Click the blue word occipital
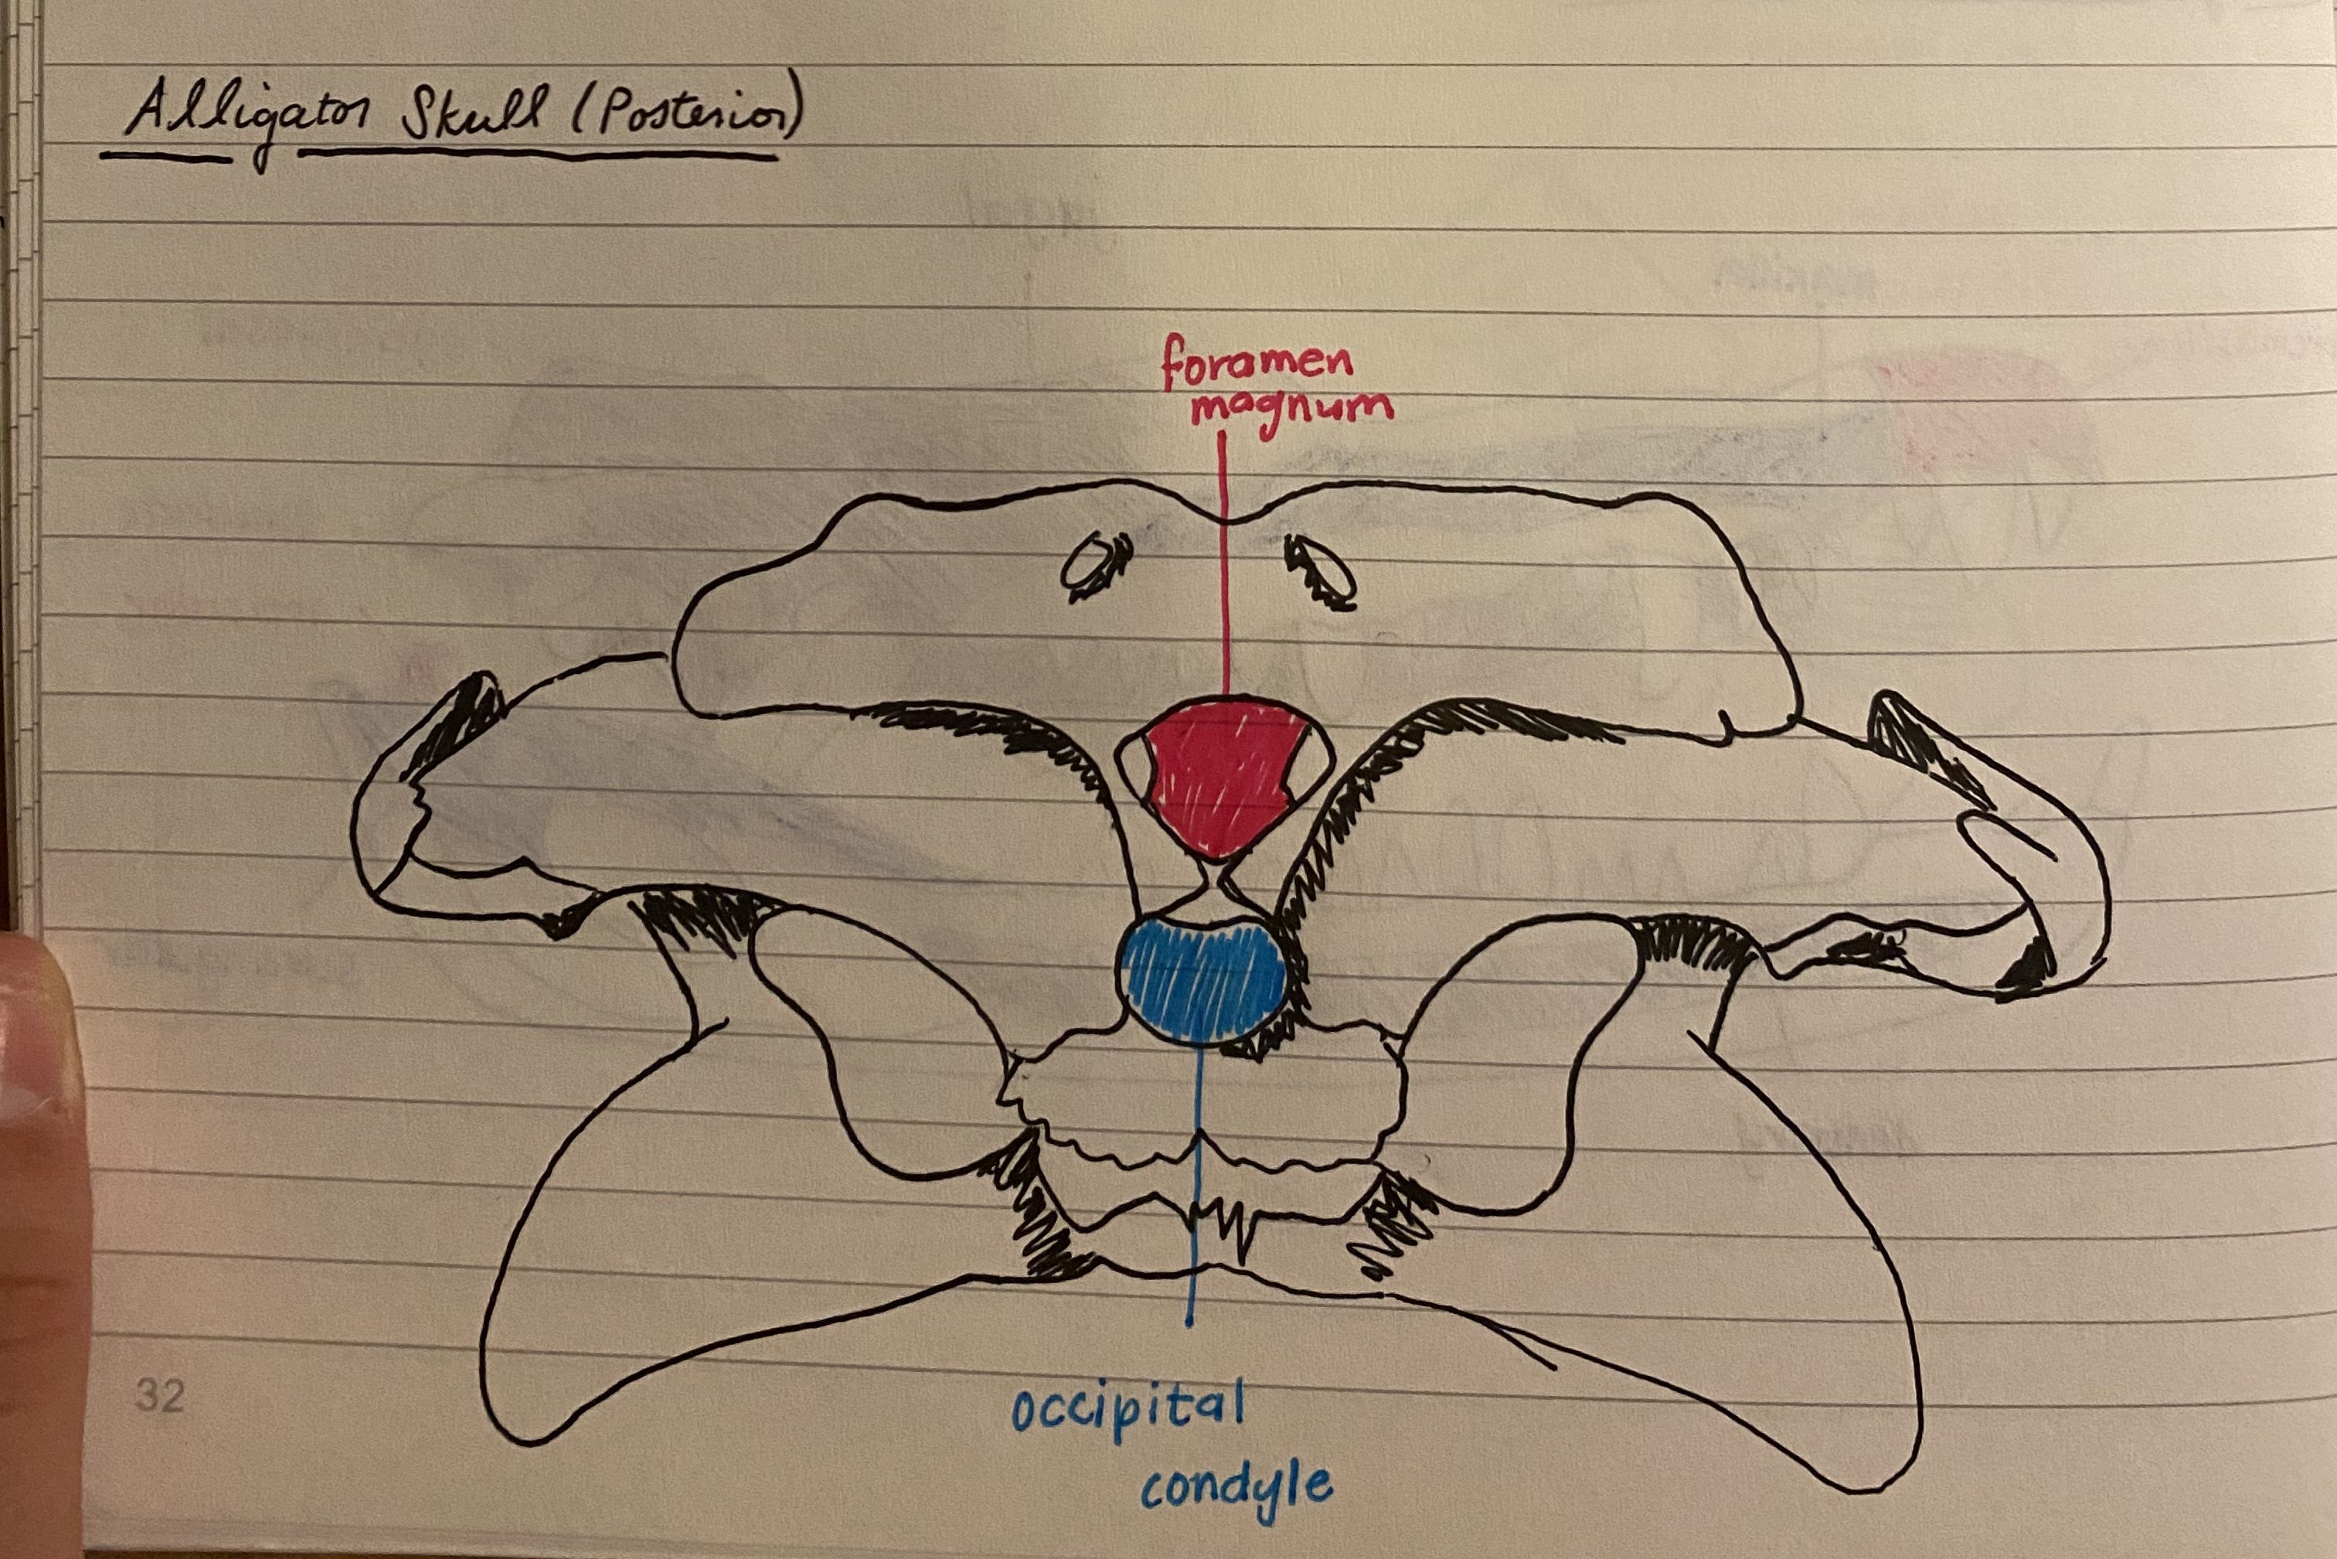point(1128,1410)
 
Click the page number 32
point(159,1395)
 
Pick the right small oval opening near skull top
point(1323,572)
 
